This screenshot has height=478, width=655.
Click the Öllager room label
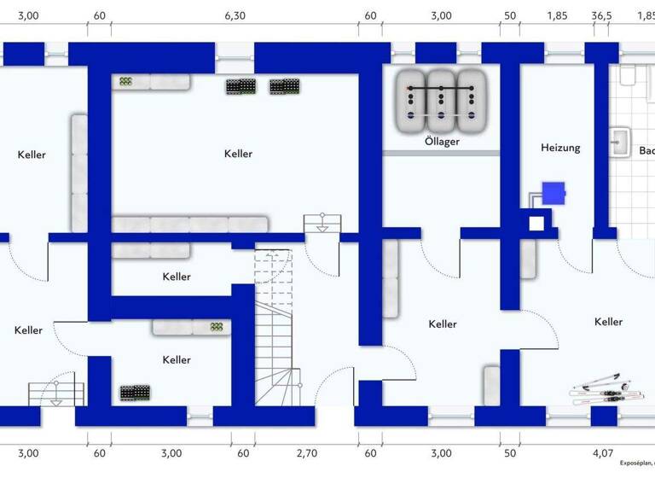442,142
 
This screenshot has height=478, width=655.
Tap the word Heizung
560,148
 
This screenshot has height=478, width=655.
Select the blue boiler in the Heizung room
554,194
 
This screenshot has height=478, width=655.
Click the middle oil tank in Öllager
441,99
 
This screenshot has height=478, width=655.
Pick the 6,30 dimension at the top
235,15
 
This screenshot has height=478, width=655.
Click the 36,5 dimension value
602,15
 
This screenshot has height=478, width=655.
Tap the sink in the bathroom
620,142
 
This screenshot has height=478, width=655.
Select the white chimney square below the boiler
536,224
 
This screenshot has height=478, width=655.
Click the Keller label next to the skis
608,322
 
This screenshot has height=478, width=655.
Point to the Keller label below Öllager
443,324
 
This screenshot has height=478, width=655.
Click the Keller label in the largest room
239,154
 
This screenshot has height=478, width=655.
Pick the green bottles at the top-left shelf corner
125,82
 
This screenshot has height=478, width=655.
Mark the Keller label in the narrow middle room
177,277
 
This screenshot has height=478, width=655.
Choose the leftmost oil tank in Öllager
413,99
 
